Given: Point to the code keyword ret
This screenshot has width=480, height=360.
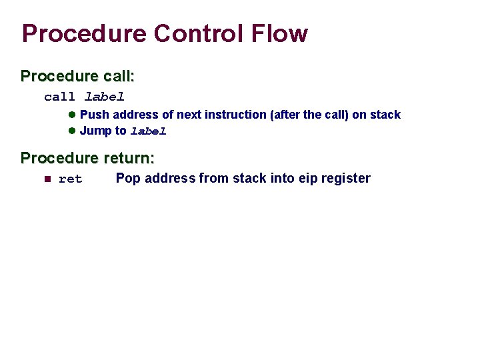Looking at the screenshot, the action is (x=71, y=179).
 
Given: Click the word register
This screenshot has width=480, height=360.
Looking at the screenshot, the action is (x=345, y=178).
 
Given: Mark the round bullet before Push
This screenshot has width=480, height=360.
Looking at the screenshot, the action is (x=73, y=115).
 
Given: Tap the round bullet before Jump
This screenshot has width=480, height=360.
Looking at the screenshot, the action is (x=73, y=131).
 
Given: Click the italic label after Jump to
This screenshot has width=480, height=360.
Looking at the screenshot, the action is (x=148, y=131).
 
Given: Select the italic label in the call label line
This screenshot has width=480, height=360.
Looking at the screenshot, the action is (x=105, y=97).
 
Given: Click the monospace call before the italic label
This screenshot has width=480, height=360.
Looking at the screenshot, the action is (x=59, y=97).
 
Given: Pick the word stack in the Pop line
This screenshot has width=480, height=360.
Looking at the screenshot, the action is (x=250, y=178).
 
